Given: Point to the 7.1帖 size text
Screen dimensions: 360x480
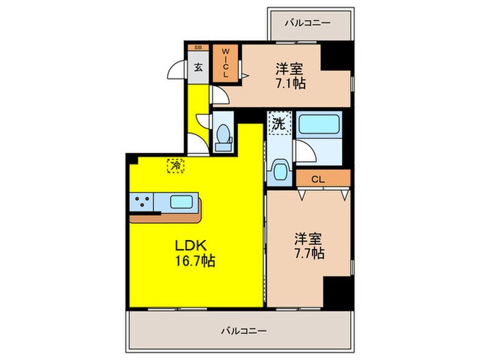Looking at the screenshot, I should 291,84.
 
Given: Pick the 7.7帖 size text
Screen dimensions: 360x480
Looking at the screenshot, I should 309,254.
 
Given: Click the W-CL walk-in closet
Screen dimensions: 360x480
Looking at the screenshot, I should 224,63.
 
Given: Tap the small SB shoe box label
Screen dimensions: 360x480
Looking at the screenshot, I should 198,47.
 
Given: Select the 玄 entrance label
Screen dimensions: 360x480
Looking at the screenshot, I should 198,67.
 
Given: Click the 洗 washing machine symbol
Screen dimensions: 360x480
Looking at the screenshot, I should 278,124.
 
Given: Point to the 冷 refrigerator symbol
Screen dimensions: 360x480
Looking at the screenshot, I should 176,165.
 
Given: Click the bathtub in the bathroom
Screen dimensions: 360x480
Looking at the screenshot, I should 320,125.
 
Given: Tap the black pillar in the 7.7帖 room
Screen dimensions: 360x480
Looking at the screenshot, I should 337,291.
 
